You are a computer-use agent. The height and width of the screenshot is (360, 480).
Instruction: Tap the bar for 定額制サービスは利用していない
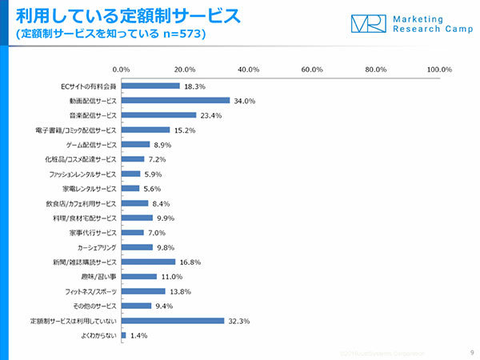[x=173, y=321]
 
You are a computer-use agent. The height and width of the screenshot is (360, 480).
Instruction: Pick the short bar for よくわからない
[x=123, y=335]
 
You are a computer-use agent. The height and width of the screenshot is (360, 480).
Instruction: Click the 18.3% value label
[x=194, y=86]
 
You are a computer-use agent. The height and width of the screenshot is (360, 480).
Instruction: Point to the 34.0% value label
[x=244, y=101]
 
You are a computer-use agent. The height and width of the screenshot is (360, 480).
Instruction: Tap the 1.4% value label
[x=139, y=336]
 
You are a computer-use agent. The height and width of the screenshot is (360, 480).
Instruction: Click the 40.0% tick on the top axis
[x=249, y=70]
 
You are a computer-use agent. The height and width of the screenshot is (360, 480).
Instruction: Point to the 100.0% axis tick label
[x=439, y=70]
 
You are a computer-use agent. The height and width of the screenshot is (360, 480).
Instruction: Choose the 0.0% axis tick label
[x=122, y=70]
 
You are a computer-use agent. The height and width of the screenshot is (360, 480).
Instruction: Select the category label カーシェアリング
[x=95, y=247]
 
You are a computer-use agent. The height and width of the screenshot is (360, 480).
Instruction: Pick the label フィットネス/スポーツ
[x=91, y=291]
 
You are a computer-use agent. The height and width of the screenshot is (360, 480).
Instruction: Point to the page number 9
[x=470, y=352]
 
